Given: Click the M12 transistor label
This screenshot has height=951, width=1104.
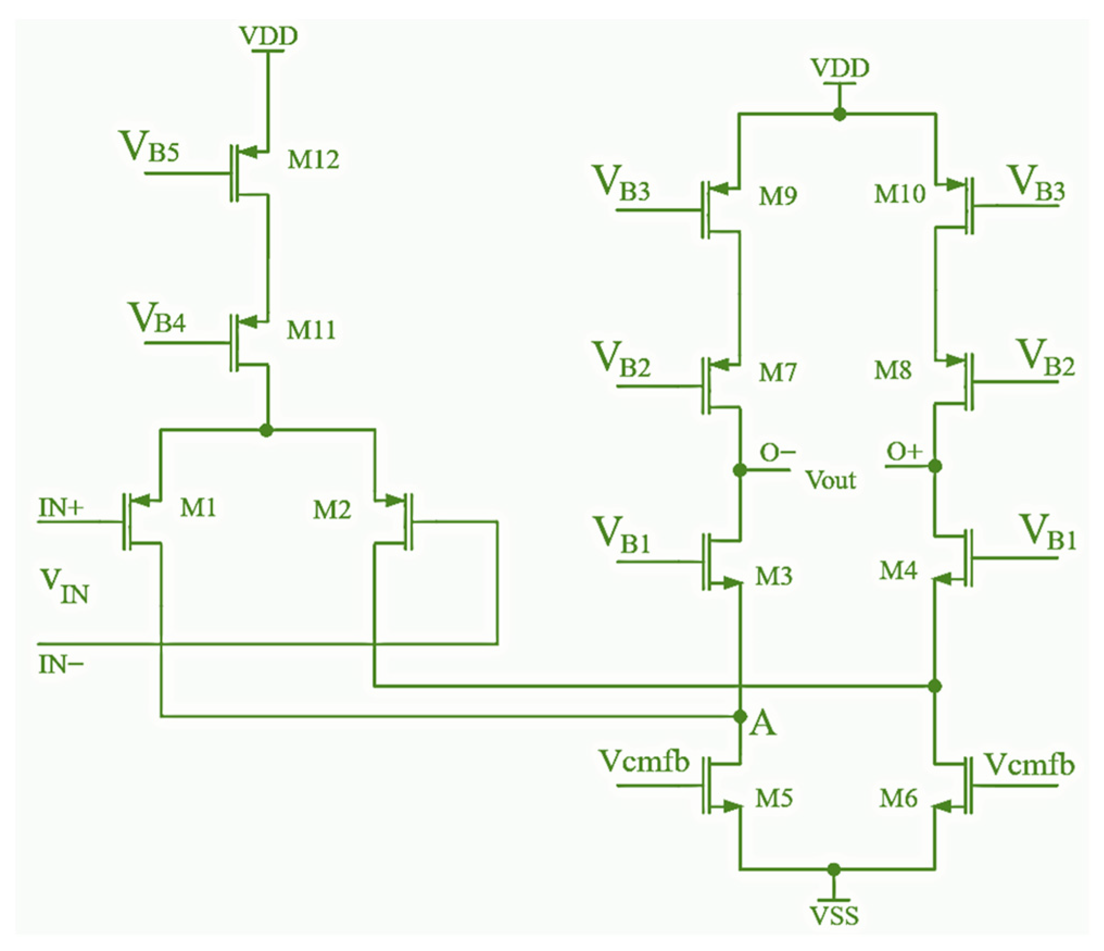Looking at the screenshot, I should (313, 159).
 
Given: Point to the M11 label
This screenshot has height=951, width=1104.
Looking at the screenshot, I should (311, 330).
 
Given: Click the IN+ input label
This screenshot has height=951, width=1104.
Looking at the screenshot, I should (61, 508).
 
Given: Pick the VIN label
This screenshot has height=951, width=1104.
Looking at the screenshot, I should (64, 586).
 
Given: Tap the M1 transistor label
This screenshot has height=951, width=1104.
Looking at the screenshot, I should (198, 508).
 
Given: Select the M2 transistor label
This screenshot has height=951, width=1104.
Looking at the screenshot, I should (331, 510).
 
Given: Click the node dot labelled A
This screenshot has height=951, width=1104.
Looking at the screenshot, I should (740, 717).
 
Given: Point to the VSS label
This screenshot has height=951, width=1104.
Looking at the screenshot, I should (834, 916).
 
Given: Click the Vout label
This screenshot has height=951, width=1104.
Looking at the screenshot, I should (830, 480).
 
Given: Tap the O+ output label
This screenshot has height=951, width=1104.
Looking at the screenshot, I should (904, 452).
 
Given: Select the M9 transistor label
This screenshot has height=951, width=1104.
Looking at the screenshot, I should (778, 196).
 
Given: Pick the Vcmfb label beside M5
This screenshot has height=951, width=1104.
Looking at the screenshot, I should (644, 761).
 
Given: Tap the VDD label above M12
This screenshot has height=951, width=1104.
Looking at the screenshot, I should (268, 36).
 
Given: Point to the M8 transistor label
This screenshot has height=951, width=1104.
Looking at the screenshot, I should (892, 371).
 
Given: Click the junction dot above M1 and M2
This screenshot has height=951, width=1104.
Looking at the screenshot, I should (266, 430).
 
